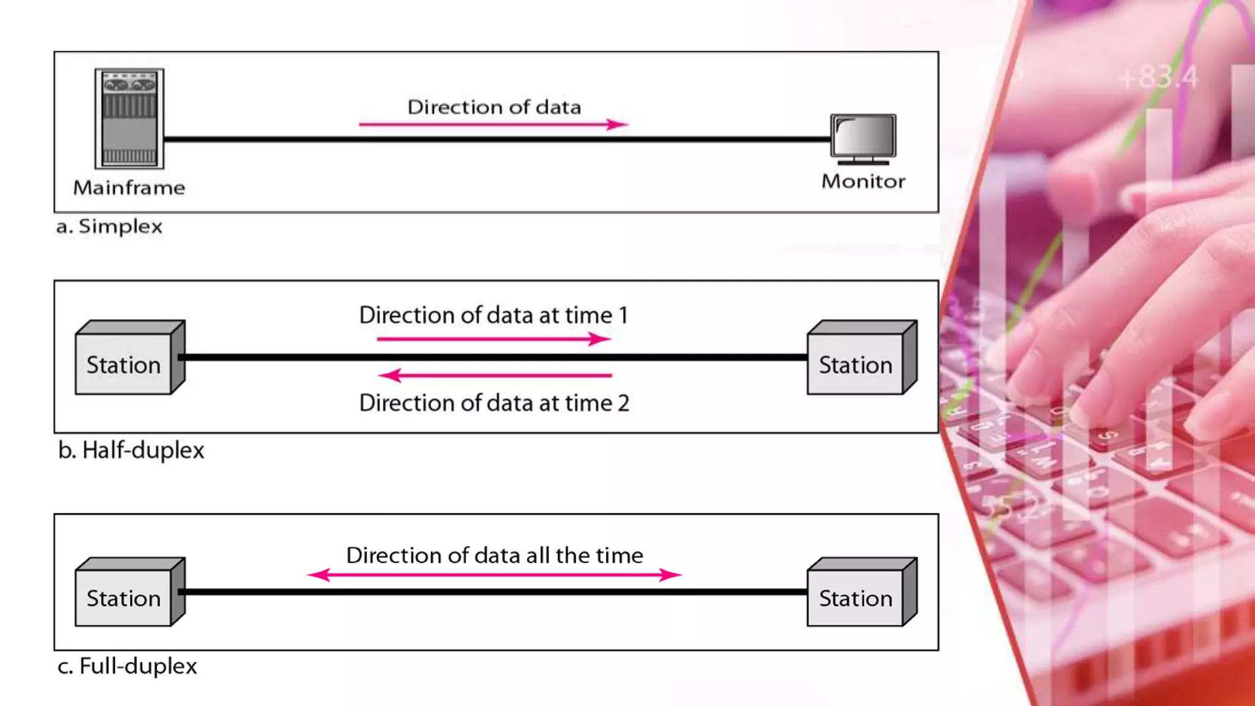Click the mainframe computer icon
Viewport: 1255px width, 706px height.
tap(129, 118)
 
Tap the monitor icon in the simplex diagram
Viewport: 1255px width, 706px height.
tap(863, 139)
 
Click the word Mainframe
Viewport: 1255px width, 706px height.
tap(129, 188)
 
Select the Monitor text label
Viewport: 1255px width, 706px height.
tap(863, 181)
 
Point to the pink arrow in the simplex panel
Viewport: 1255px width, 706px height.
tap(493, 124)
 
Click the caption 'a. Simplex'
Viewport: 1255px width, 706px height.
tap(109, 227)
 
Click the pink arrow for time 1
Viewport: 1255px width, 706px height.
tap(493, 339)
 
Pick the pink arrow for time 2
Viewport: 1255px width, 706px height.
tap(495, 374)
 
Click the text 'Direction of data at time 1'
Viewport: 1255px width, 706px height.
tap(493, 315)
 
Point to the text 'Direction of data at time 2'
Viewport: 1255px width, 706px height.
tap(494, 403)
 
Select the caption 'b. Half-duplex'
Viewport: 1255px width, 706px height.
tap(131, 450)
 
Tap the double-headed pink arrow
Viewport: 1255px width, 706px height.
tap(494, 575)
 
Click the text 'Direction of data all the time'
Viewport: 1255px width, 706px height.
tap(495, 555)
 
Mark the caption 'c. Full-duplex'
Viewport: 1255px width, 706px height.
tap(127, 666)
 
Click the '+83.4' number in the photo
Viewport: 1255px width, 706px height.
tap(1158, 78)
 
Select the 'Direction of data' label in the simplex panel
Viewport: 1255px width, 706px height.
tap(494, 107)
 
